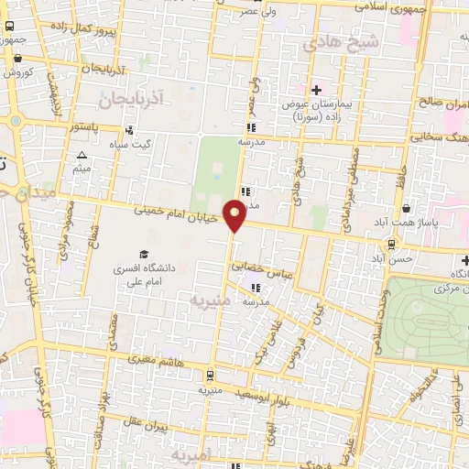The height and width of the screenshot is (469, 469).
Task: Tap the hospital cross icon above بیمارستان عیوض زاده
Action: pos(316,90)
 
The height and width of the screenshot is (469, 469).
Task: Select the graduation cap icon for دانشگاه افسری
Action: pos(143,254)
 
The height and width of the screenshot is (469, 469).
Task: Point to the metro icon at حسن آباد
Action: pos(392,245)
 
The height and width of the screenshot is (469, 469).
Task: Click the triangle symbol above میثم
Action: pos(82,156)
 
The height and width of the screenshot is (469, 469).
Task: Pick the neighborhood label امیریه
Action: pos(193,454)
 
